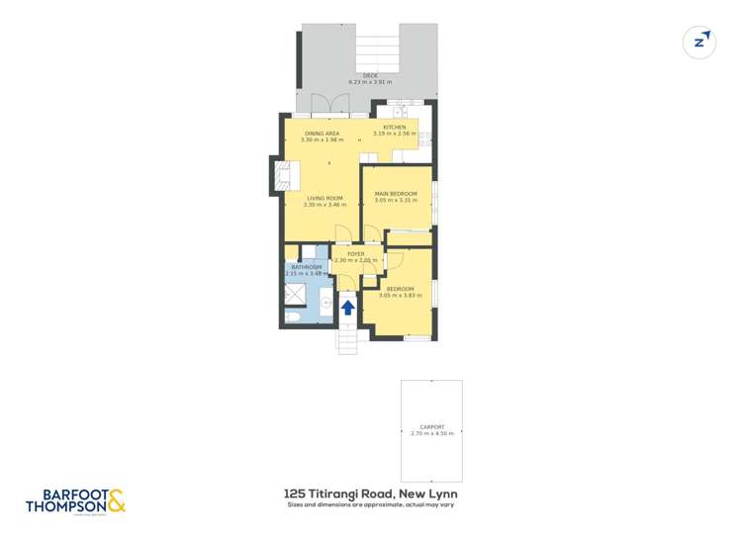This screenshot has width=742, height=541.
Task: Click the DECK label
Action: coord(370,75)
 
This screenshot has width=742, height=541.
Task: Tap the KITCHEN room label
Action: coord(394,127)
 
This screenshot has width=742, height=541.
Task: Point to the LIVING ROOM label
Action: coord(325,198)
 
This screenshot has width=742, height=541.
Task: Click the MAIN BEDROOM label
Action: coord(396,194)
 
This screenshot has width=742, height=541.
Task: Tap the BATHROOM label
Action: coord(306,267)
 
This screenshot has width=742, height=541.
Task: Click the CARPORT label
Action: coord(431,427)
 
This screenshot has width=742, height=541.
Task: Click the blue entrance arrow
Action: coord(348,307)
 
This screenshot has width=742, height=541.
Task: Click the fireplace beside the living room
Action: coord(277,179)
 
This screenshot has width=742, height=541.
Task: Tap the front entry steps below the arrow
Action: coord(347,340)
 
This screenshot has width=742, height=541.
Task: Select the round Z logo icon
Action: coord(700,42)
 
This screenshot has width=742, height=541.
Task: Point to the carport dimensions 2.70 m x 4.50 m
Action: coord(431,434)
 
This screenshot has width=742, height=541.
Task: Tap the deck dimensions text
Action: coord(370,81)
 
